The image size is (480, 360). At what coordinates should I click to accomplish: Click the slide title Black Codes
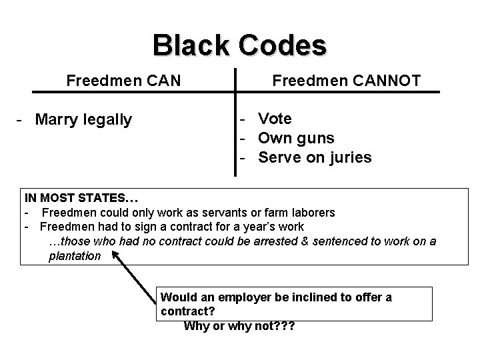(239, 45)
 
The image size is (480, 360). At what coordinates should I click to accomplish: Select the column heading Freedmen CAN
(123, 81)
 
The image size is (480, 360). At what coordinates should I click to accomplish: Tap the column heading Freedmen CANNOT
(346, 81)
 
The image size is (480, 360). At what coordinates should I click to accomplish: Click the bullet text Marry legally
(83, 120)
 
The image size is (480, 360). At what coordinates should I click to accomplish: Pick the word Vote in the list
(275, 119)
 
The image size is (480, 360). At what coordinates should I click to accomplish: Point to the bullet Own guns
(296, 138)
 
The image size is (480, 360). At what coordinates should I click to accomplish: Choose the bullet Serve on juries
(315, 158)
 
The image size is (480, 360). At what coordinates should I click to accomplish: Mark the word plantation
(75, 256)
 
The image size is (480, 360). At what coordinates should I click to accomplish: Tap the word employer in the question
(231, 297)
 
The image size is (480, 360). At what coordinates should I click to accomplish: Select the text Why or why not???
(239, 326)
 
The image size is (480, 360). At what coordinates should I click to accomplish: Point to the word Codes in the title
(286, 45)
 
